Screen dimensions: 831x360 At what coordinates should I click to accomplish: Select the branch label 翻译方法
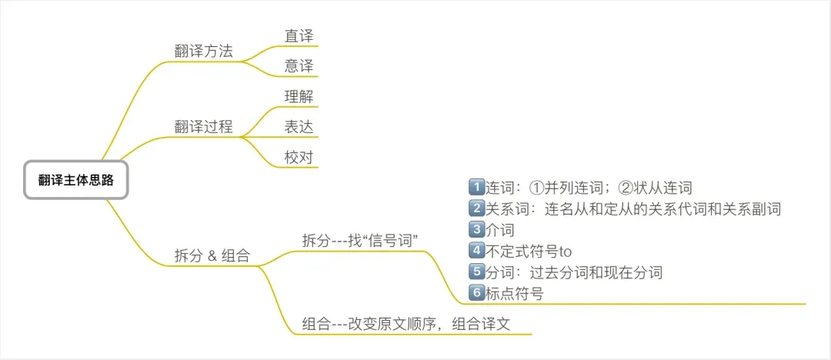(x=203, y=52)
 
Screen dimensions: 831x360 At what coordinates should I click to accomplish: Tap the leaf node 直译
(x=299, y=35)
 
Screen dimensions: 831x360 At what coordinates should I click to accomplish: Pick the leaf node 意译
(x=299, y=66)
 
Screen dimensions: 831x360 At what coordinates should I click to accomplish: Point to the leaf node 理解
(x=299, y=97)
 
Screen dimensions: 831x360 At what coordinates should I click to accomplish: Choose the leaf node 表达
(x=299, y=127)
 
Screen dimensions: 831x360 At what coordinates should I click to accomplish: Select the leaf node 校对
(x=299, y=157)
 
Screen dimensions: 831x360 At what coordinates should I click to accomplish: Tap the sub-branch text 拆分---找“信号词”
(x=360, y=239)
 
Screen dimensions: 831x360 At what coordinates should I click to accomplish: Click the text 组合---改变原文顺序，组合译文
(x=406, y=324)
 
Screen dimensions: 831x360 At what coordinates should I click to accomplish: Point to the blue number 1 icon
(x=476, y=187)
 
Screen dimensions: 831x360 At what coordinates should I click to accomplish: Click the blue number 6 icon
(x=476, y=292)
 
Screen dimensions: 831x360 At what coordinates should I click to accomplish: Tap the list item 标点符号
(x=514, y=293)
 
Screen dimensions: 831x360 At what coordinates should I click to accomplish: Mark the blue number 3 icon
(x=476, y=229)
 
